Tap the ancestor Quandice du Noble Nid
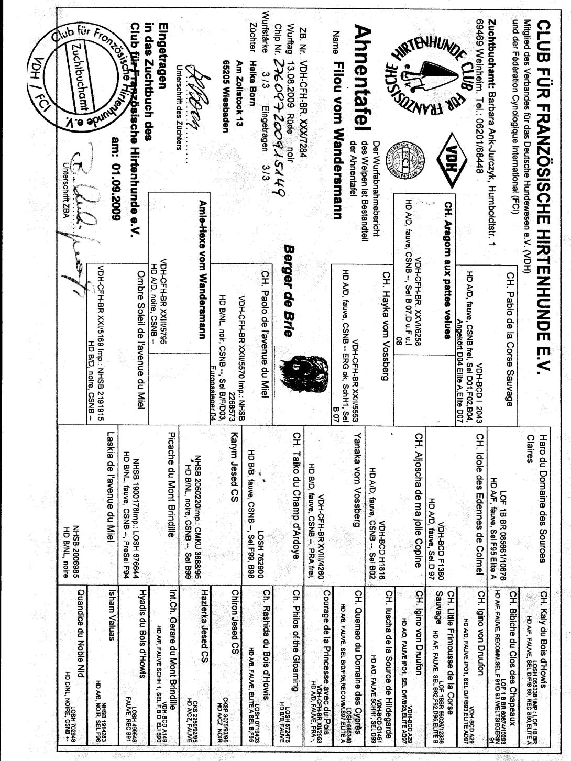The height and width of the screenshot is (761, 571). (81, 636)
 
